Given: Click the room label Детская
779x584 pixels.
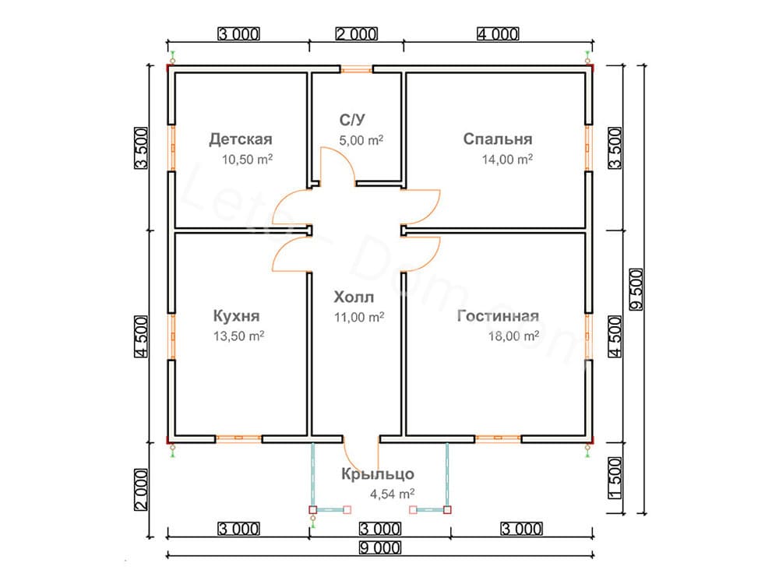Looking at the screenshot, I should pyautogui.click(x=240, y=140).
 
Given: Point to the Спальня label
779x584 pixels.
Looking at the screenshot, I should pyautogui.click(x=497, y=139).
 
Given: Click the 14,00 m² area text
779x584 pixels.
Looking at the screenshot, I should pyautogui.click(x=507, y=160).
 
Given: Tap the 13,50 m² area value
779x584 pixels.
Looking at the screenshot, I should pyautogui.click(x=238, y=336).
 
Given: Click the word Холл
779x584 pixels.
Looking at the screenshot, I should pyautogui.click(x=354, y=297).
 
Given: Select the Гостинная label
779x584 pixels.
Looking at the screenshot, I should pyautogui.click(x=499, y=316).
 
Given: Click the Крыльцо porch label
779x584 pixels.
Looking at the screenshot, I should pyautogui.click(x=377, y=474).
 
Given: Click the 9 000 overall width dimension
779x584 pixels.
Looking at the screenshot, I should pyautogui.click(x=379, y=547).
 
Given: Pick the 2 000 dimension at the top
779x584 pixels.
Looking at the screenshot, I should pyautogui.click(x=356, y=33).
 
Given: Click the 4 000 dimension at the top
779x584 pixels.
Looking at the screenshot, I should pyautogui.click(x=496, y=33).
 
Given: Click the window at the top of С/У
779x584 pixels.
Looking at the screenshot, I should pyautogui.click(x=356, y=69).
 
